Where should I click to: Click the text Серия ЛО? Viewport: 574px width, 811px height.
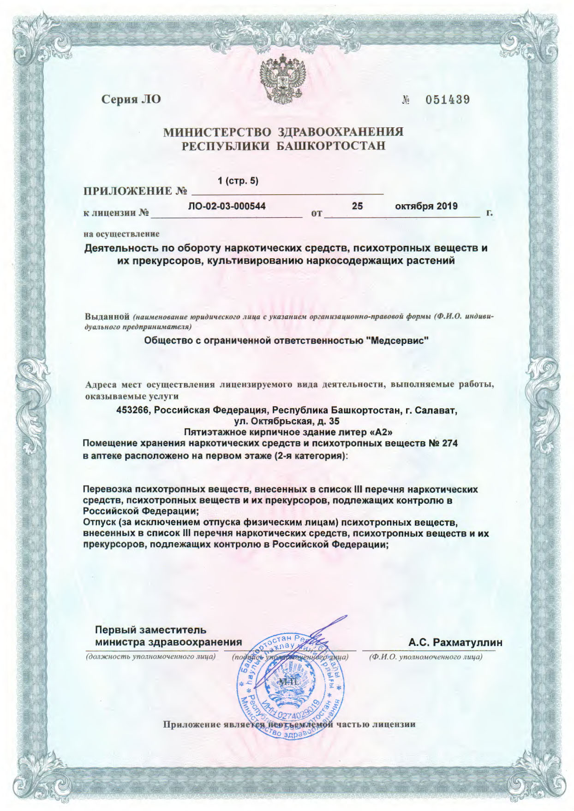pos(131,99)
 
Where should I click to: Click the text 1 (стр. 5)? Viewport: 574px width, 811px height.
pos(238,181)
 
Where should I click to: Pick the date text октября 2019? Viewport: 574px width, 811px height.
pos(426,206)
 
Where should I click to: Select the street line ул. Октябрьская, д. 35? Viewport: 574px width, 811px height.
pos(287,420)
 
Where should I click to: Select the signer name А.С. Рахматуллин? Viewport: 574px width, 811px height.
pos(455,642)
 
